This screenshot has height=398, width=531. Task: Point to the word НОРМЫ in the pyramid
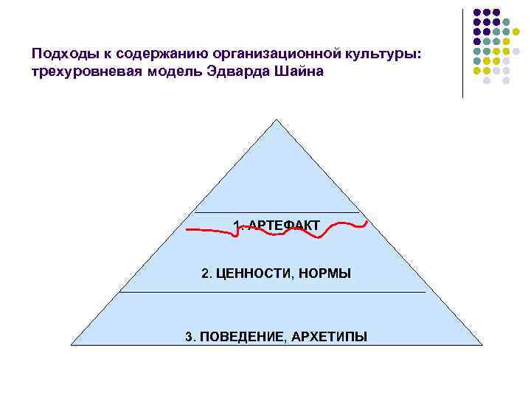tap(325, 274)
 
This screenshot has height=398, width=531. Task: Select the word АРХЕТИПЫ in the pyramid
tap(329, 337)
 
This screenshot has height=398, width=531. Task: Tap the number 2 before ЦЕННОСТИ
tap(205, 274)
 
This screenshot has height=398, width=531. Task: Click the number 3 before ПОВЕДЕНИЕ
tap(189, 337)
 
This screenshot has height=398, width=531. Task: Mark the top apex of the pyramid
tap(277, 119)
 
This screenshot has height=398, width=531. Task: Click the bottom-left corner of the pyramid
tap(72, 344)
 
